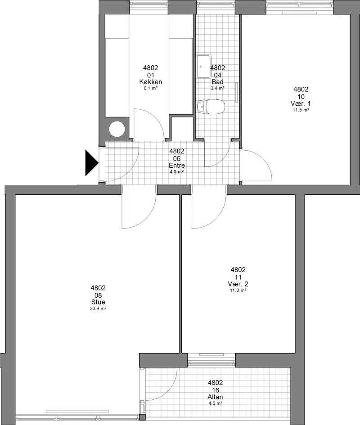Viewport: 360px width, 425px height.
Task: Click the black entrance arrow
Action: [x=92, y=163]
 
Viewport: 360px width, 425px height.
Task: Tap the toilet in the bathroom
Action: [x=211, y=107]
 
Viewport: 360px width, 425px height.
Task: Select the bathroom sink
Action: [x=204, y=66]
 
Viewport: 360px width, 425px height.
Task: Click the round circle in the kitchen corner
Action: [x=117, y=129]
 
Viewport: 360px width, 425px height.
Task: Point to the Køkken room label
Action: [x=151, y=82]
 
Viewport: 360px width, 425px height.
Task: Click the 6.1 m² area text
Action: [x=151, y=88]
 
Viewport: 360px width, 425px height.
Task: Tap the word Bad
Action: [x=217, y=82]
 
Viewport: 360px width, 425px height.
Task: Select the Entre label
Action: [x=176, y=166]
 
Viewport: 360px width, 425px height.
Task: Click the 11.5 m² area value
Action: [x=301, y=110]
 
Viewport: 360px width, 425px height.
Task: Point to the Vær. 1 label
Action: [x=301, y=103]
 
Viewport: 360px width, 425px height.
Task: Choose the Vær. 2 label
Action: [x=238, y=284]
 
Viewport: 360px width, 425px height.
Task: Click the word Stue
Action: [x=98, y=302]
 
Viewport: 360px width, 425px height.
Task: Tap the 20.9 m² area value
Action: [x=98, y=309]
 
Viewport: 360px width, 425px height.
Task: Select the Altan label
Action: [x=215, y=397]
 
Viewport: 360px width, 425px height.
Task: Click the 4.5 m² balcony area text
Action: [x=215, y=403]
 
